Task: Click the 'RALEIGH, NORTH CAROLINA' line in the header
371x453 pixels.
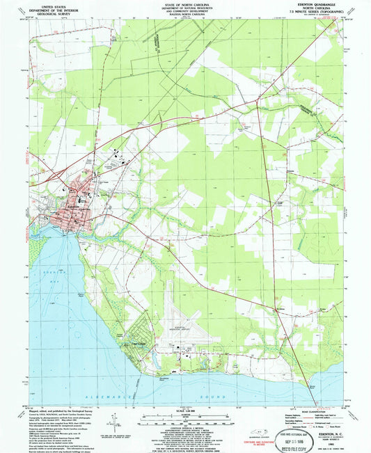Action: click(x=184, y=17)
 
